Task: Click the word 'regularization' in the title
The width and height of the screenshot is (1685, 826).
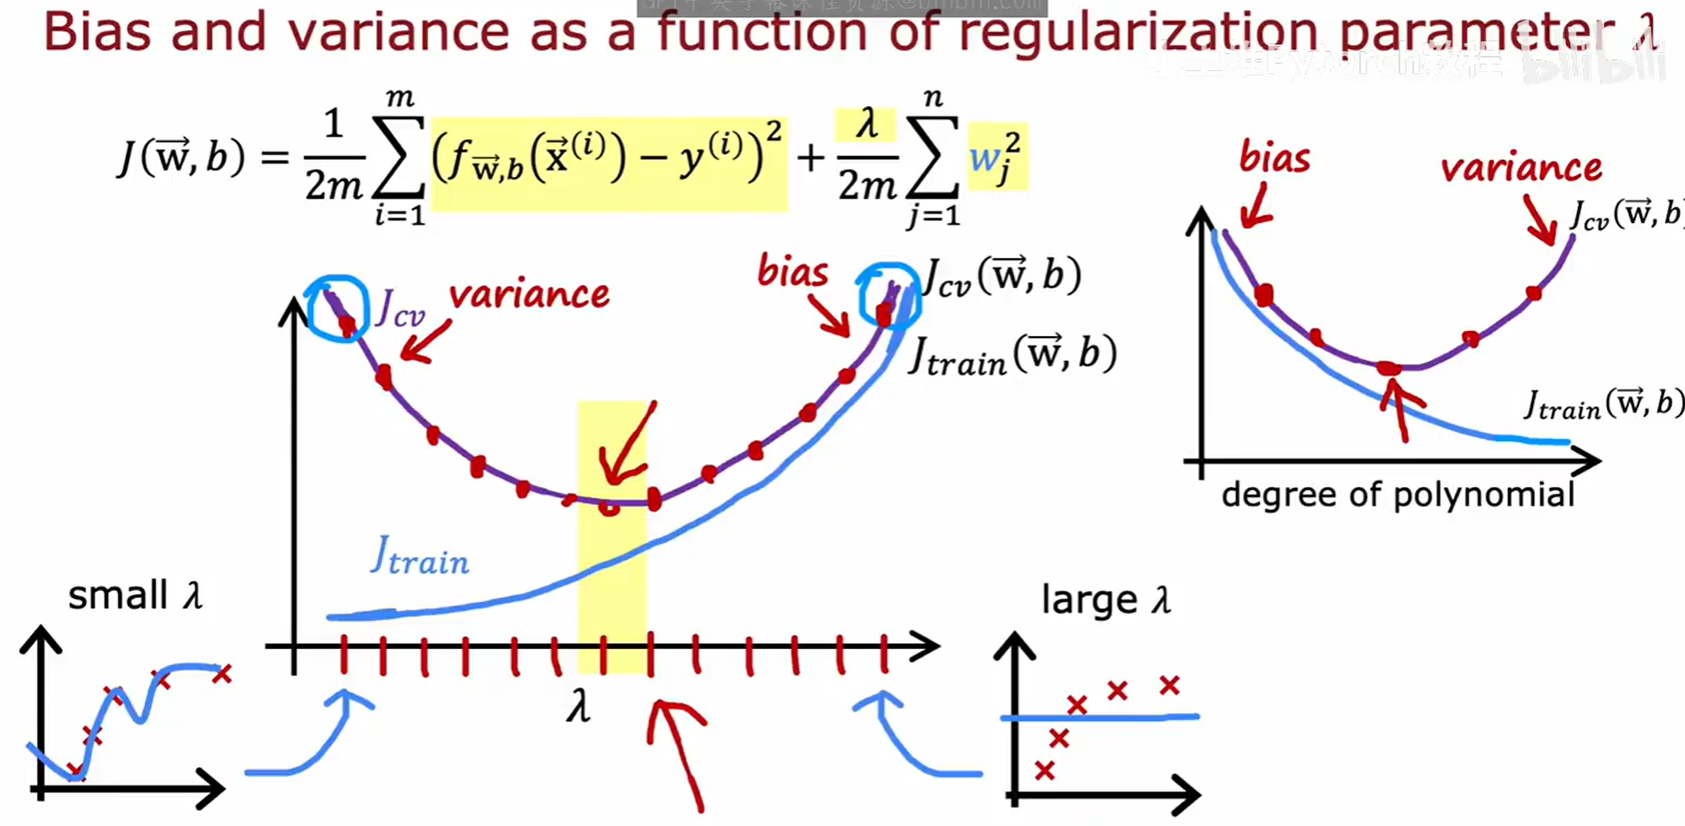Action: click(x=1139, y=31)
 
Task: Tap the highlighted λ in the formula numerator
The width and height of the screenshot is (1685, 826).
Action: click(x=867, y=124)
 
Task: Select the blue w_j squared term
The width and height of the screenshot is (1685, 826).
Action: click(x=996, y=156)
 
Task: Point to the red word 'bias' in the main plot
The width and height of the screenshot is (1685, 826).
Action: click(x=792, y=271)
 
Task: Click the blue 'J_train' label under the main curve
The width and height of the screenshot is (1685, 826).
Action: click(x=420, y=555)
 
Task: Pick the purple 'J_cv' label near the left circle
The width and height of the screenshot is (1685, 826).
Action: click(x=398, y=308)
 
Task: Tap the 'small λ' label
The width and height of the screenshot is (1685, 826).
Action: click(x=135, y=595)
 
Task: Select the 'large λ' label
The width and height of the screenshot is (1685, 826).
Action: click(x=1106, y=600)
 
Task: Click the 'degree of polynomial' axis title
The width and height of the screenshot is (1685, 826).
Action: click(x=1397, y=495)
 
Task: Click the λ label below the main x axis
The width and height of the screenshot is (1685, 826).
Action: click(x=577, y=708)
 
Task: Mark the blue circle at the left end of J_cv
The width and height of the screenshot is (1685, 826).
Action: click(x=337, y=308)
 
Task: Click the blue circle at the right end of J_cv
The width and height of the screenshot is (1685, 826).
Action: click(x=889, y=296)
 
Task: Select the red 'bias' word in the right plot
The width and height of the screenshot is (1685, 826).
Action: click(x=1273, y=157)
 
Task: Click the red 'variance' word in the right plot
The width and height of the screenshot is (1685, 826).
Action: click(x=1520, y=168)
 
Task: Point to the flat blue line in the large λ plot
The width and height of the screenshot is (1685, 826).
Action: click(x=1100, y=717)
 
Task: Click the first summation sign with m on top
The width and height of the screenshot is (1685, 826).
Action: click(x=399, y=158)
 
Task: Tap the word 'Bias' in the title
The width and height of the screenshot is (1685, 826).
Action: click(x=97, y=31)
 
